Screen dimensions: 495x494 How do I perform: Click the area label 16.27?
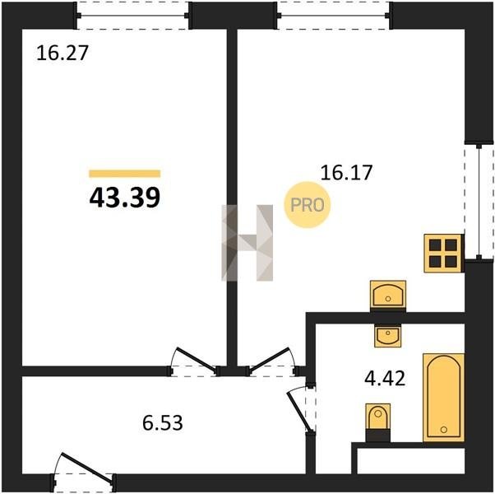pyautogui.click(x=62, y=53)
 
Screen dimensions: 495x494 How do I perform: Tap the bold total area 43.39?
pyautogui.click(x=125, y=198)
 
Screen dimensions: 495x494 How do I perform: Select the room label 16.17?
pyautogui.click(x=347, y=173)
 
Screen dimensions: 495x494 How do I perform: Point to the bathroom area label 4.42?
pyautogui.click(x=385, y=379)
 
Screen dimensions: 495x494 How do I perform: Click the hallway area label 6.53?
pyautogui.click(x=163, y=423)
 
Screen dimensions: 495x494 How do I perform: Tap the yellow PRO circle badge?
pyautogui.click(x=308, y=205)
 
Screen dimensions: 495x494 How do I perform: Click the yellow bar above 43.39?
pyautogui.click(x=125, y=174)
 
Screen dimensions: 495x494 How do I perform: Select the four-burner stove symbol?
pyautogui.click(x=443, y=253)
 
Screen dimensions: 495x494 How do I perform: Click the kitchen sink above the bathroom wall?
pyautogui.click(x=388, y=295)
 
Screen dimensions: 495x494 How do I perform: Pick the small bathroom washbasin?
pyautogui.click(x=388, y=336)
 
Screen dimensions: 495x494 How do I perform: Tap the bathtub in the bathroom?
pyautogui.click(x=443, y=398)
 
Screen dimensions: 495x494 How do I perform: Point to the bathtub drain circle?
pyautogui.click(x=444, y=430)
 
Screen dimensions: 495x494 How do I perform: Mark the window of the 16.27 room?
pyautogui.click(x=133, y=16)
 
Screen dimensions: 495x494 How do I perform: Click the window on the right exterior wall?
pyautogui.click(x=479, y=202)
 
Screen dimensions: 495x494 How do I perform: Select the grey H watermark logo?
pyautogui.click(x=247, y=243)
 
